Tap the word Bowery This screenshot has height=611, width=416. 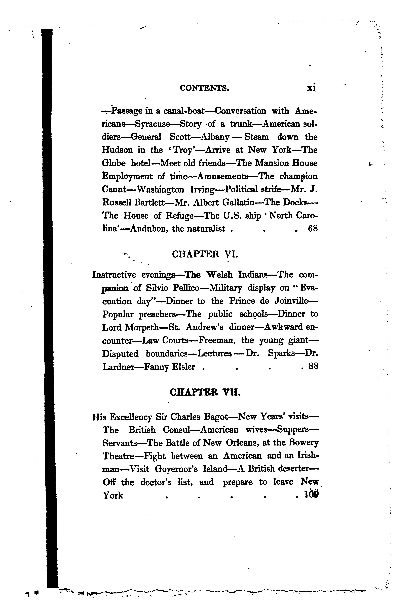(x=303, y=443)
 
